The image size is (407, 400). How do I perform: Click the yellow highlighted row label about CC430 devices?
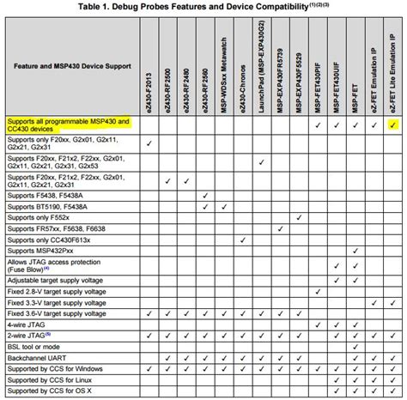[68, 124]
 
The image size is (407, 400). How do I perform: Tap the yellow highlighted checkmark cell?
[392, 125]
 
